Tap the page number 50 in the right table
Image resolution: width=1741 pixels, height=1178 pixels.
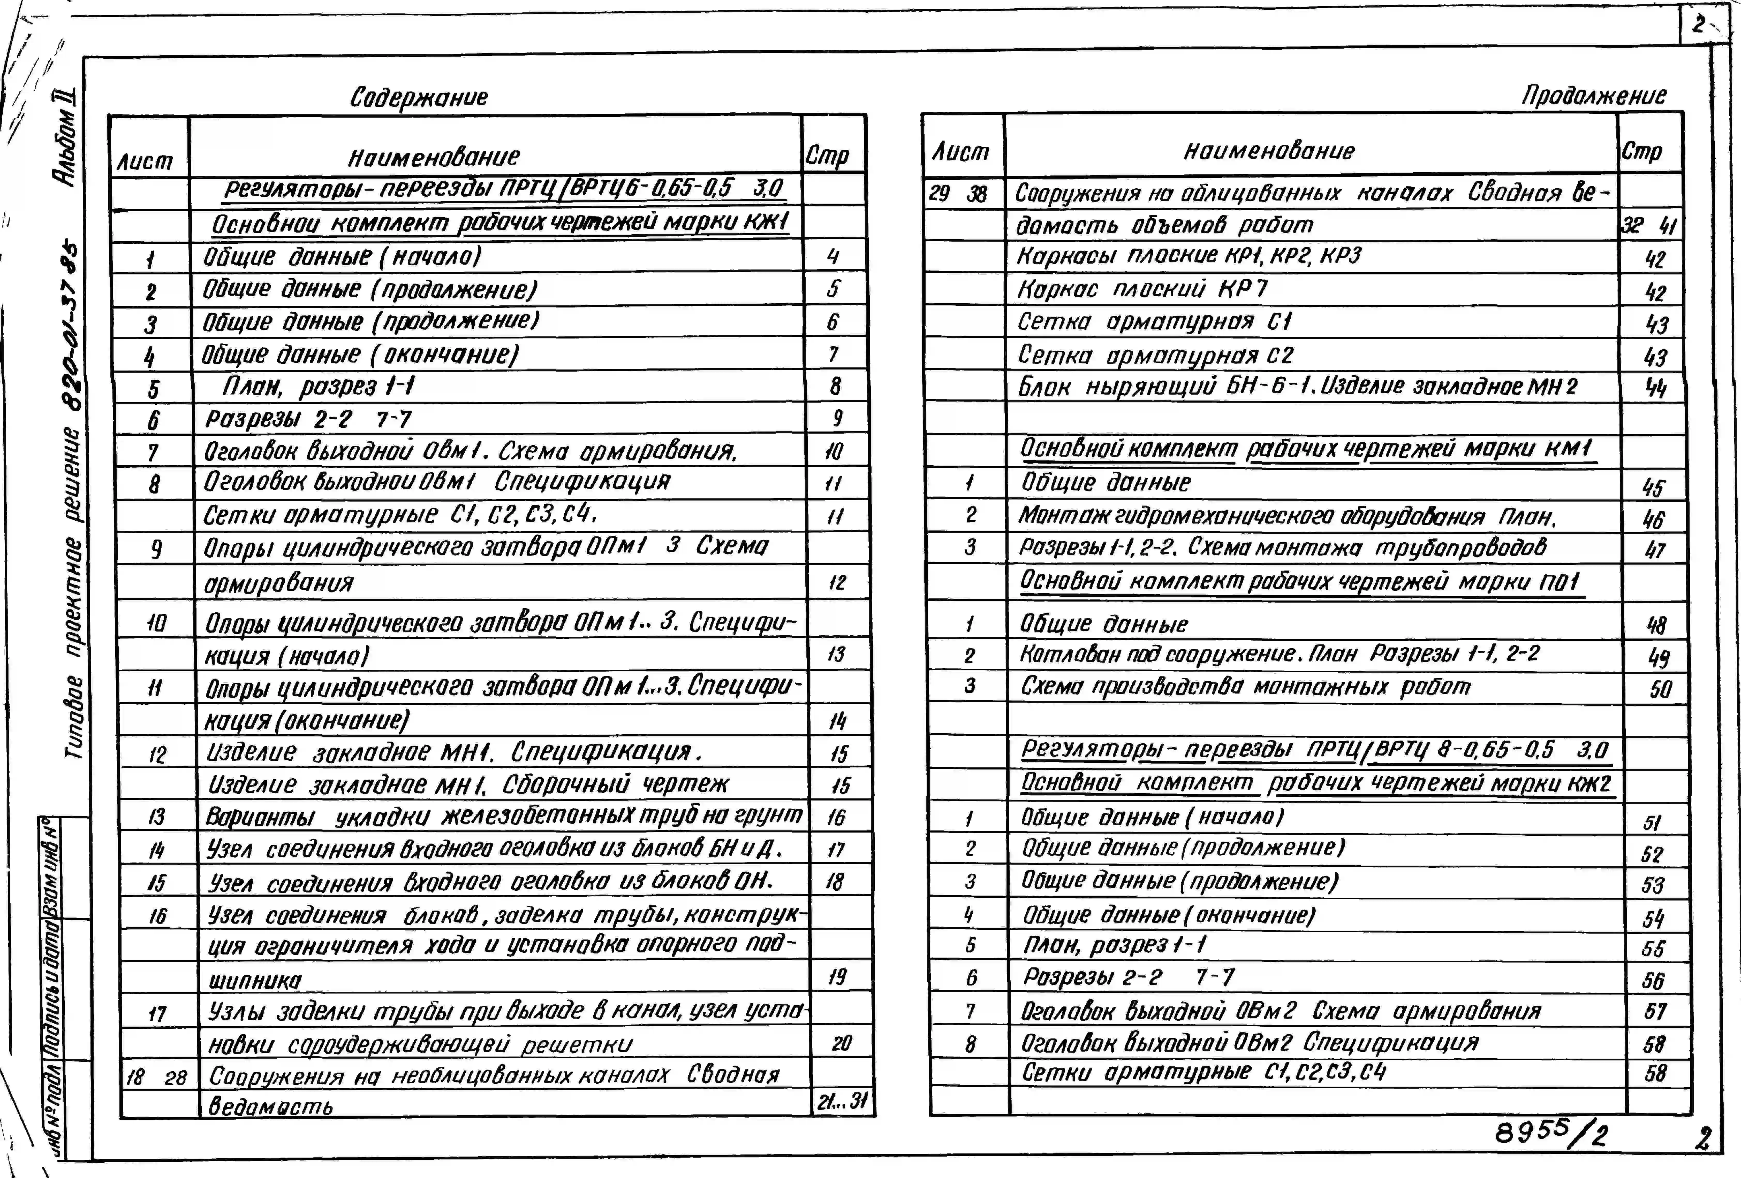click(1660, 689)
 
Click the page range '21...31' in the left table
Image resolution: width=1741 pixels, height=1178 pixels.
click(842, 1101)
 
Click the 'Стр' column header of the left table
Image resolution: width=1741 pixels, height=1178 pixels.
click(827, 156)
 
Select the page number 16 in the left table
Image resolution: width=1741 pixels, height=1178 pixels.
click(836, 817)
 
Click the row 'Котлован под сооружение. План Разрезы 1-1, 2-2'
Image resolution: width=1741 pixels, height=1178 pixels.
click(1280, 655)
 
